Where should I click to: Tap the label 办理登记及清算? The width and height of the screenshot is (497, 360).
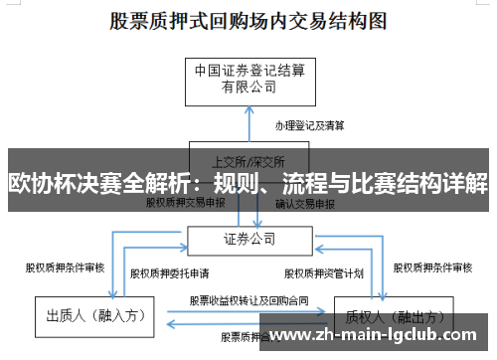pyautogui.click(x=309, y=126)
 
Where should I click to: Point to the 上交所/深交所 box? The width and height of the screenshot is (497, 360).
pyautogui.click(x=248, y=159)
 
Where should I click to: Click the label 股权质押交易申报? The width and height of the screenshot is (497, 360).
pyautogui.click(x=186, y=204)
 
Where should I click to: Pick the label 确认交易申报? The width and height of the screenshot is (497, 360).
pyautogui.click(x=309, y=204)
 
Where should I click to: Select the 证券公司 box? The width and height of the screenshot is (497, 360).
pyautogui.click(x=248, y=239)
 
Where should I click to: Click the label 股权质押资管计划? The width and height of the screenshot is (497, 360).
pyautogui.click(x=325, y=271)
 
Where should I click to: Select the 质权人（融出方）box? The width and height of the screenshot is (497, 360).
pyautogui.click(x=383, y=316)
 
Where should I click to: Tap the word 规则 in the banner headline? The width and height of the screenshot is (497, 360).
pyautogui.click(x=255, y=185)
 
